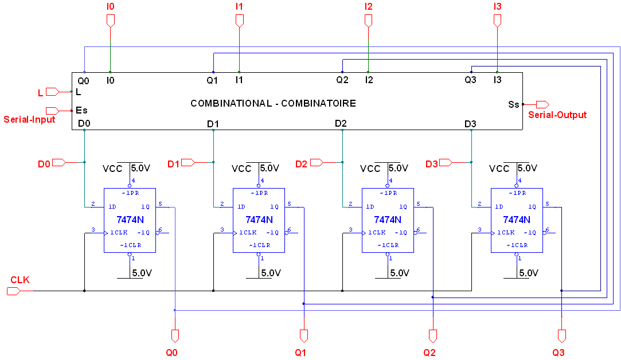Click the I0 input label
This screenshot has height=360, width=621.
click(111, 6)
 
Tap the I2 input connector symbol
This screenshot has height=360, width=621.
click(368, 21)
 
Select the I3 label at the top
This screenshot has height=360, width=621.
click(497, 6)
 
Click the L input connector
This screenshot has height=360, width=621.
click(52, 92)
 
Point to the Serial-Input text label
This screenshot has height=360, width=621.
click(30, 120)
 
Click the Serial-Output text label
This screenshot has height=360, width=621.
click(557, 115)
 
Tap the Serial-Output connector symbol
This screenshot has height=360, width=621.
click(542, 104)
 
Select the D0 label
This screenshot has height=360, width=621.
click(44, 164)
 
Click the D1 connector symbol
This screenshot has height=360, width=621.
click(188, 163)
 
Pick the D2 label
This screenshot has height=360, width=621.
click(302, 164)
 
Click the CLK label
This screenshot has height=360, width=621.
click(20, 280)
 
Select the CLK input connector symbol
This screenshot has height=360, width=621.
click(13, 291)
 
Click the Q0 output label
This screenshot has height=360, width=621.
click(171, 353)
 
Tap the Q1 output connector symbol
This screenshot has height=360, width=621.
click(304, 335)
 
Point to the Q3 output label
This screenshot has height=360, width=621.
click(558, 353)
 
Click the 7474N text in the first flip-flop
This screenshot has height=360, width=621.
click(130, 220)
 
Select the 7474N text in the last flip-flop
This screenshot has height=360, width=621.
click(517, 220)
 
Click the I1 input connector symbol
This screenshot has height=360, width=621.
click(240, 21)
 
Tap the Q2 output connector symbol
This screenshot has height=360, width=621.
click(433, 335)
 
